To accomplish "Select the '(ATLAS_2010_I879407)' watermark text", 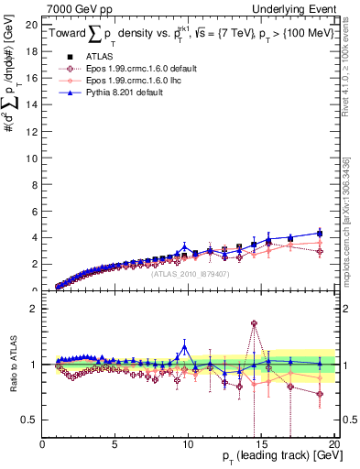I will click(x=190, y=272).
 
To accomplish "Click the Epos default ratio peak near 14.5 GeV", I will click(x=253, y=323).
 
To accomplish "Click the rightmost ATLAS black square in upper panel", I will click(x=320, y=234).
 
